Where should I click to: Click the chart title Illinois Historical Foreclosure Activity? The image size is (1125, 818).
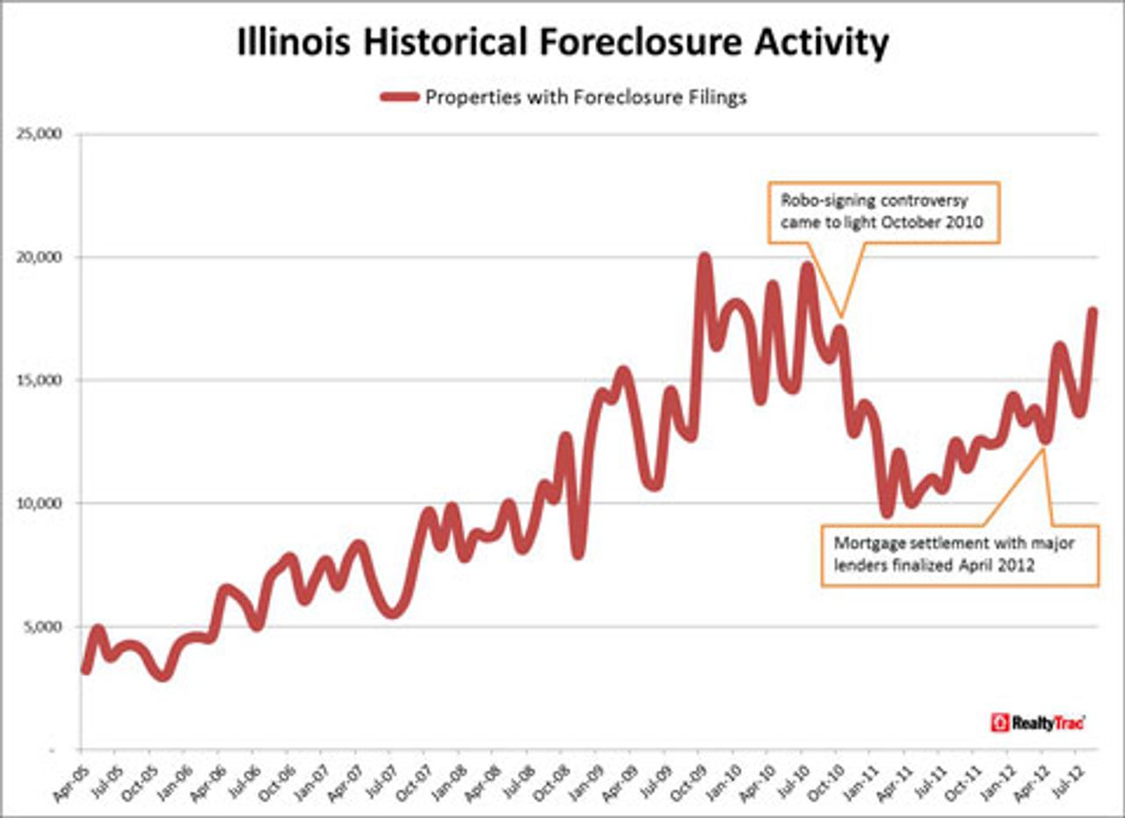562,42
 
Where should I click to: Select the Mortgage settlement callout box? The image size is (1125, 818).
960,555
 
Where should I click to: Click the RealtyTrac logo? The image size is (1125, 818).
1037,722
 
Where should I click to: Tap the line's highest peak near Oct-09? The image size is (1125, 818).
703,259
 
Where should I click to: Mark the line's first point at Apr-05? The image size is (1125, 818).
85,670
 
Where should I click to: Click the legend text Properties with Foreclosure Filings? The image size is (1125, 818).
585,97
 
